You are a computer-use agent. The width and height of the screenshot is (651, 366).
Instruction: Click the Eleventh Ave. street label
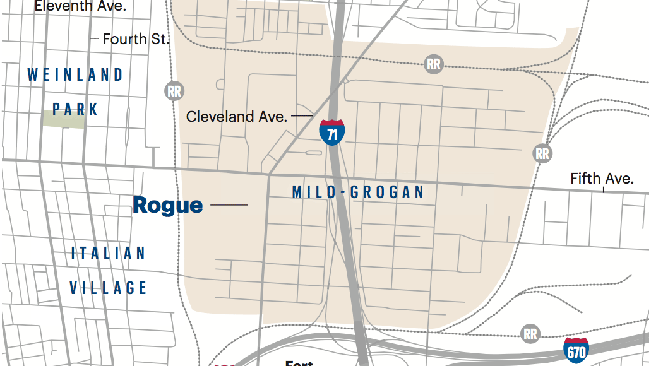pos(80,7)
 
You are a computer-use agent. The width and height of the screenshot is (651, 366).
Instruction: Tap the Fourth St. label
pos(136,39)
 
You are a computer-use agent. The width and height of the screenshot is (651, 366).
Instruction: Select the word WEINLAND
pos(75,75)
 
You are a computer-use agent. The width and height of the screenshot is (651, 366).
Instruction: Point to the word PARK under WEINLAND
pos(76,110)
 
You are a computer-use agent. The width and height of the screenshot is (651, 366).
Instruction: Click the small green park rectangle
pos(63,119)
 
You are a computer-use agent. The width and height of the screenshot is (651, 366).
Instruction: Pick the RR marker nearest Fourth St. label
pos(174,91)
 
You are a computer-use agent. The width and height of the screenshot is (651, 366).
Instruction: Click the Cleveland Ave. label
pos(237,117)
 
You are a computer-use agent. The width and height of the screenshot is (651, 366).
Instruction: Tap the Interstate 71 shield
pos(331,133)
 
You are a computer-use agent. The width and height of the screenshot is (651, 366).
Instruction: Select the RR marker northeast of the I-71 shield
pos(433,64)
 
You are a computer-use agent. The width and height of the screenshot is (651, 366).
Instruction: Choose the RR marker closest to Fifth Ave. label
pos(542,153)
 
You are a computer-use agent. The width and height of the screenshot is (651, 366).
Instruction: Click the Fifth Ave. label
pos(601,179)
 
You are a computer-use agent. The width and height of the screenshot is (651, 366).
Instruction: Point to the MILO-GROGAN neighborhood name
pos(358,192)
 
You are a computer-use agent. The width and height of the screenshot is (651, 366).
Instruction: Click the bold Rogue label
pos(168,205)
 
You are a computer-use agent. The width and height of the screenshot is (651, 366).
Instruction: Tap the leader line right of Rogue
pos(229,205)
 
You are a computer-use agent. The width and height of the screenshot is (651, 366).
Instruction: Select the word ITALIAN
pos(108,254)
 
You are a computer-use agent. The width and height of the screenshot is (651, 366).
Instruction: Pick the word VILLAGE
pos(108,288)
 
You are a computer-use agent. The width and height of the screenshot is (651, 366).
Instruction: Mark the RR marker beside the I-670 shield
pos(530,333)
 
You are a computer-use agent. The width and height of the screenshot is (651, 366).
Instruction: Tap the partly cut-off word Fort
pos(299,363)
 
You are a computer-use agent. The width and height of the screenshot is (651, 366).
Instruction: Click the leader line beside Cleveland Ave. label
pos(302,116)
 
